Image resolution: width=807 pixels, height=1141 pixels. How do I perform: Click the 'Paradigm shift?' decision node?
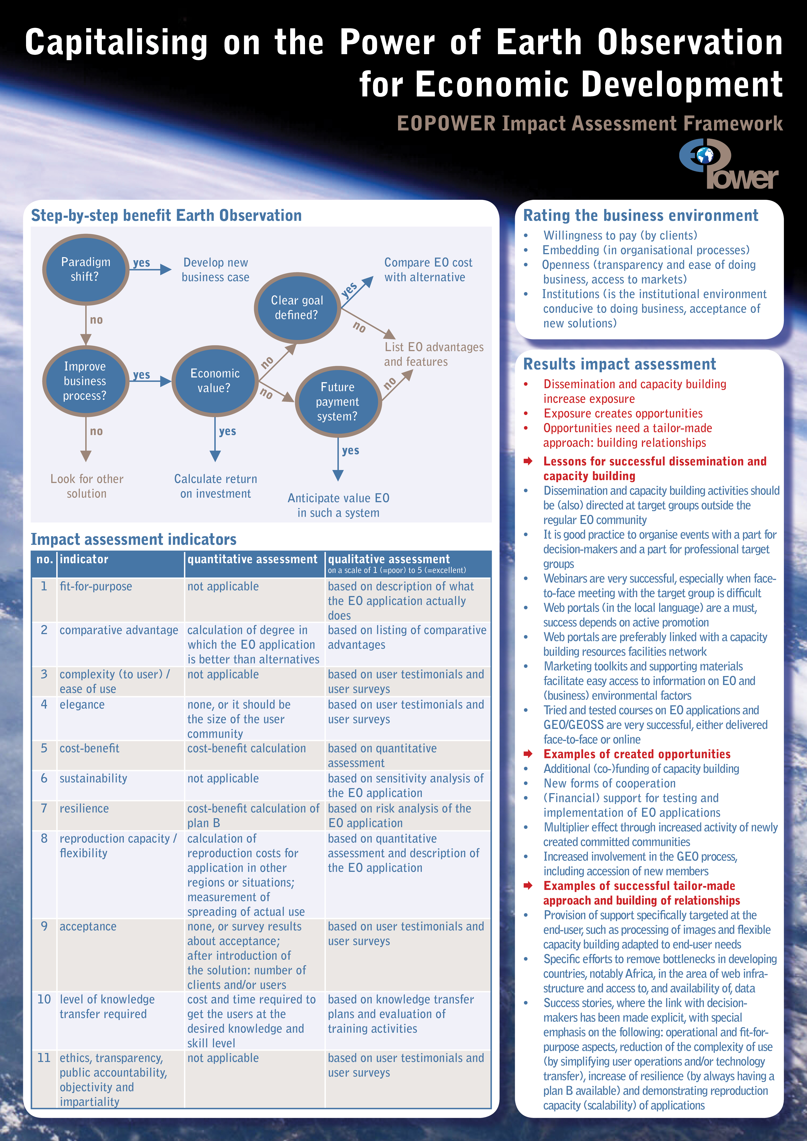(86, 269)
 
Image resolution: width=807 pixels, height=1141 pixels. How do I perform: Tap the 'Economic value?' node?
(215, 381)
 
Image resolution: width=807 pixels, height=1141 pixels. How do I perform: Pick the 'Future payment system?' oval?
(338, 402)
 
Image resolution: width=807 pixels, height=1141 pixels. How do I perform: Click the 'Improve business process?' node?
(86, 381)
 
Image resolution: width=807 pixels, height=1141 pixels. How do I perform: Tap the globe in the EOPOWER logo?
(705, 155)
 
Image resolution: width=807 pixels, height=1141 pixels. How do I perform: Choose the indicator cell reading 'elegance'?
(82, 705)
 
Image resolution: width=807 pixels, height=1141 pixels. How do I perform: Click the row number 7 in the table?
(44, 809)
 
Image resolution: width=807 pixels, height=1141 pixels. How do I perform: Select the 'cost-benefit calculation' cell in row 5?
(247, 748)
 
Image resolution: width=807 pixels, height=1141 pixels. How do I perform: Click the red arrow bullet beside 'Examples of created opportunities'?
(528, 754)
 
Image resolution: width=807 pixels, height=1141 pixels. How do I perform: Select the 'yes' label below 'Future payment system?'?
(351, 451)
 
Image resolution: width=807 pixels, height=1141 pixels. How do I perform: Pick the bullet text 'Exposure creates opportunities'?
(623, 413)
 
